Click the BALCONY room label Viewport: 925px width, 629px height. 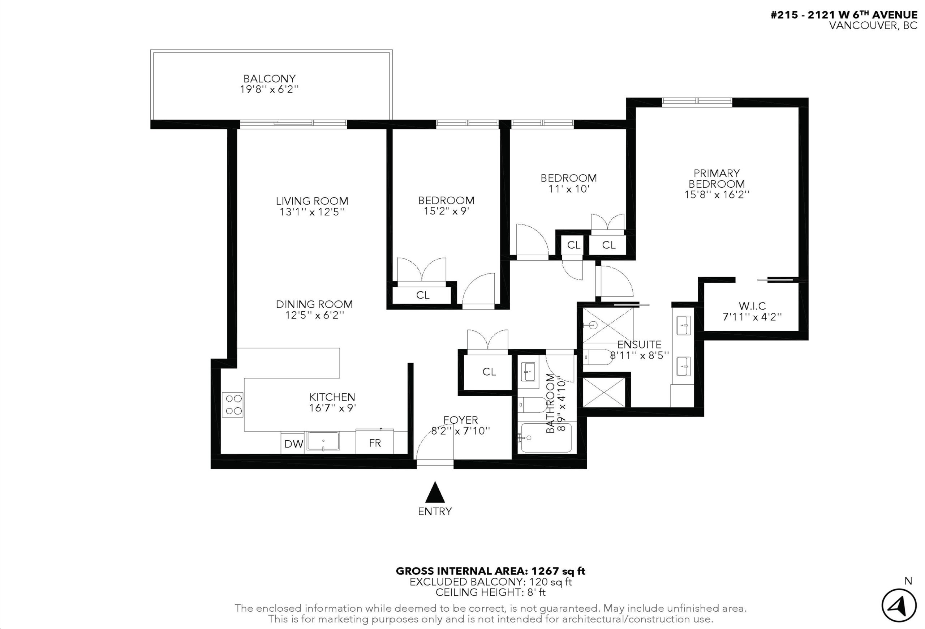270,78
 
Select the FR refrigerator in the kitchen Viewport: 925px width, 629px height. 375,442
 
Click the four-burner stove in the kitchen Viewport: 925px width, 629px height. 232,405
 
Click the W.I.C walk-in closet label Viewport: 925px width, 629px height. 752,306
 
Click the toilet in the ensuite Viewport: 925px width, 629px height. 597,357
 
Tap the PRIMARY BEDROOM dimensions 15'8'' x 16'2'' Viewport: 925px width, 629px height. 717,195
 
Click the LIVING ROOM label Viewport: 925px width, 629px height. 312,201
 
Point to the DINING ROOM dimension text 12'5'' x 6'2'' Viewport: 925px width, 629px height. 314,315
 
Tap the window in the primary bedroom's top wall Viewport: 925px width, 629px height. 697,102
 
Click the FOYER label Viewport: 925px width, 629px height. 460,420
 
